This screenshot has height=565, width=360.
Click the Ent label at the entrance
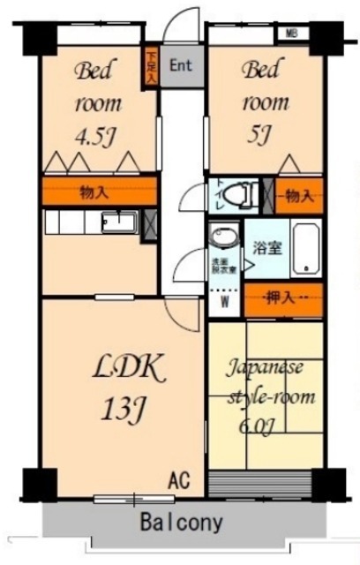(181, 64)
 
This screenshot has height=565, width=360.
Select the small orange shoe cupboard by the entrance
(151, 68)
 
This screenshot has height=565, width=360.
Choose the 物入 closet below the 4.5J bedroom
(98, 192)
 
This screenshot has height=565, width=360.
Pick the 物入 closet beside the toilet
(299, 195)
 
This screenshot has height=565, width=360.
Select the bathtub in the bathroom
(305, 249)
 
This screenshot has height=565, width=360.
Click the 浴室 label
(267, 248)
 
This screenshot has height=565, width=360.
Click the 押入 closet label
(283, 300)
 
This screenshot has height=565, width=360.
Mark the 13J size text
(123, 410)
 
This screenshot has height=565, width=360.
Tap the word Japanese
(266, 366)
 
